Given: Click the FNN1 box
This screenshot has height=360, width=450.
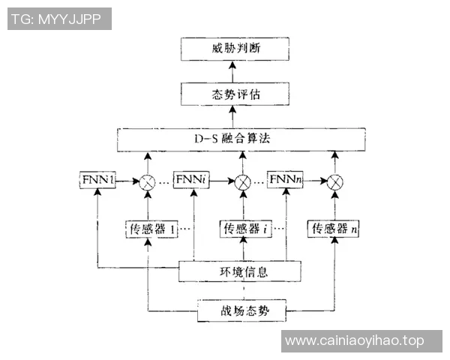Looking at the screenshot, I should pos(97,181).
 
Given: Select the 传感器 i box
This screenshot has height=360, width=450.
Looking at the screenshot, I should pos(244,229).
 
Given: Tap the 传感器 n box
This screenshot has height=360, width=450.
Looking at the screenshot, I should pos(334,229).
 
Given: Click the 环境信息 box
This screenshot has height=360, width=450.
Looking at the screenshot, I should pos(239,270).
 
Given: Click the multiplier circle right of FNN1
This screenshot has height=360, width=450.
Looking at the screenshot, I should pos(147,181).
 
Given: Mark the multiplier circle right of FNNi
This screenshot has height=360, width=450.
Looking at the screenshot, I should pos(242,181).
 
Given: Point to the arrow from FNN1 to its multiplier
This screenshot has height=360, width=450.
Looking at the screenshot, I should pos(127,181).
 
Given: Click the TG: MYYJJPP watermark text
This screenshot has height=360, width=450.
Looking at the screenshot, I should pos(59,19).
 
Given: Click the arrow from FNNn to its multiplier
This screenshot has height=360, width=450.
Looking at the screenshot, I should pos(316,181).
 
